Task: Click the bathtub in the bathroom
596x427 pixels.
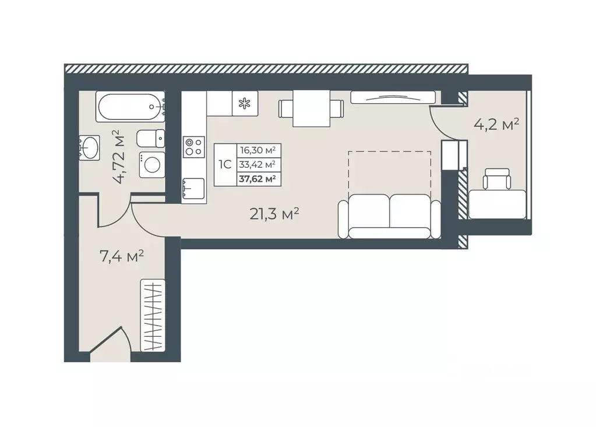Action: click(131, 107)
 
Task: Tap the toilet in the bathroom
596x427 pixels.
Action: click(150, 139)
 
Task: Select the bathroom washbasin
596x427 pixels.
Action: click(90, 147)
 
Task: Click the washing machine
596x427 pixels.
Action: click(152, 165)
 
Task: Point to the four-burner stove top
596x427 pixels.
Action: click(194, 147)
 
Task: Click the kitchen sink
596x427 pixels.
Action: click(193, 188)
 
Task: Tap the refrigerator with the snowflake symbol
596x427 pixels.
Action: click(245, 103)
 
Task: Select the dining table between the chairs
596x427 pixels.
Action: click(311, 109)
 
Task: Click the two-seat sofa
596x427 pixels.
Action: click(389, 217)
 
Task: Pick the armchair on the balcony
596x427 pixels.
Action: click(496, 179)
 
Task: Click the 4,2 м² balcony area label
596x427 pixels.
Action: click(496, 125)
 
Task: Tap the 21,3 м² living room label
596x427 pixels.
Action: click(274, 214)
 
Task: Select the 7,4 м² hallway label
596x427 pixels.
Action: click(121, 256)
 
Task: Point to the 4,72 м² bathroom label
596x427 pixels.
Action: click(119, 157)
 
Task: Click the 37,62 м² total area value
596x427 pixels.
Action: click(258, 178)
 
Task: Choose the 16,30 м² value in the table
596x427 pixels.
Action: click(258, 150)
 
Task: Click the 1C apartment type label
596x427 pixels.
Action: click(225, 164)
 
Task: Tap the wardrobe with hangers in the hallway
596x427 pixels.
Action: click(153, 315)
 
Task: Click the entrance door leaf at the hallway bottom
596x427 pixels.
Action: click(106, 340)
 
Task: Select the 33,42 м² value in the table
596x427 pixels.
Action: click(258, 164)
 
